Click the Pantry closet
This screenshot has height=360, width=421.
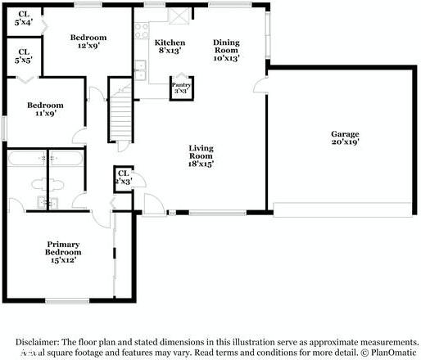point(179,86)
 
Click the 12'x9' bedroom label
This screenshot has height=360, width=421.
point(88,42)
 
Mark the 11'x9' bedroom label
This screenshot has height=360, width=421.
point(45,110)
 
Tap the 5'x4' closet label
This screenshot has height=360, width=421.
point(22,17)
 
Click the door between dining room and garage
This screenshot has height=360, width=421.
point(261,87)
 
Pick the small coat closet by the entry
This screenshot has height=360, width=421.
point(124,178)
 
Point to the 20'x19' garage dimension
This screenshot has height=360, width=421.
point(344,142)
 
